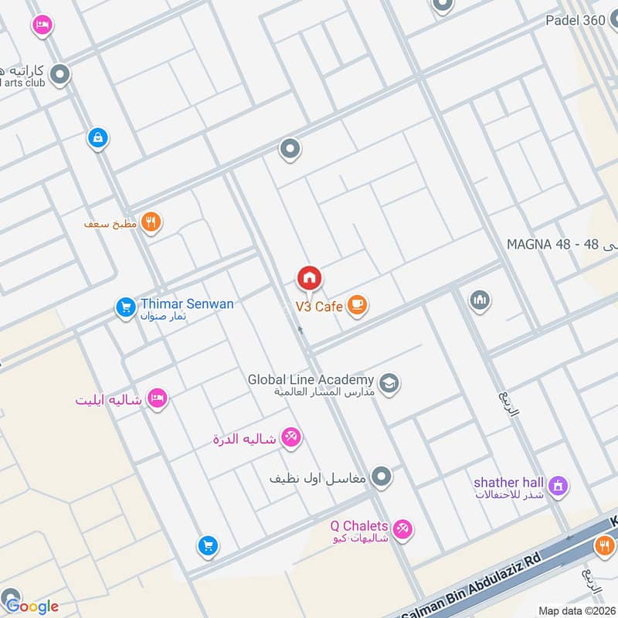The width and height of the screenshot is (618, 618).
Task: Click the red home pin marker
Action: coord(309,278)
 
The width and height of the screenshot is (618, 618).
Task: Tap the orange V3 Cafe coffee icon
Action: coord(356,306)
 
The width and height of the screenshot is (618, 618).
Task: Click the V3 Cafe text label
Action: coord(319,307)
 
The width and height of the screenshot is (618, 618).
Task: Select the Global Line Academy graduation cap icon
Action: coord(389,382)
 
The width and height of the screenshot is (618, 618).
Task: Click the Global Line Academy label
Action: coord(311,380)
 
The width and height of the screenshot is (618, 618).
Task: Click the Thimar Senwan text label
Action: coord(187,304)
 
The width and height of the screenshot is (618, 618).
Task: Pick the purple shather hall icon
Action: coord(558,487)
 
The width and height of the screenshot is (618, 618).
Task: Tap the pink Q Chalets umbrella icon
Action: coord(402,530)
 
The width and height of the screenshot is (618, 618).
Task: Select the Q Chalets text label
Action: coord(358,526)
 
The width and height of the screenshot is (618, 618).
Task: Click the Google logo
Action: coord(31,606)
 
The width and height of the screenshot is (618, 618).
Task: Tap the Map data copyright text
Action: coord(576,610)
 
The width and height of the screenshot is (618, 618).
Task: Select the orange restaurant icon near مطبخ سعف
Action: coord(151,223)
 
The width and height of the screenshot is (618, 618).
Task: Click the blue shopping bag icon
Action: coord(98,138)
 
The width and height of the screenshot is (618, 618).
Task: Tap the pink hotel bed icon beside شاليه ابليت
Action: coord(158,399)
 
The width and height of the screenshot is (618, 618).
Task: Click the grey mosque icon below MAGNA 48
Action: coord(480,301)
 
